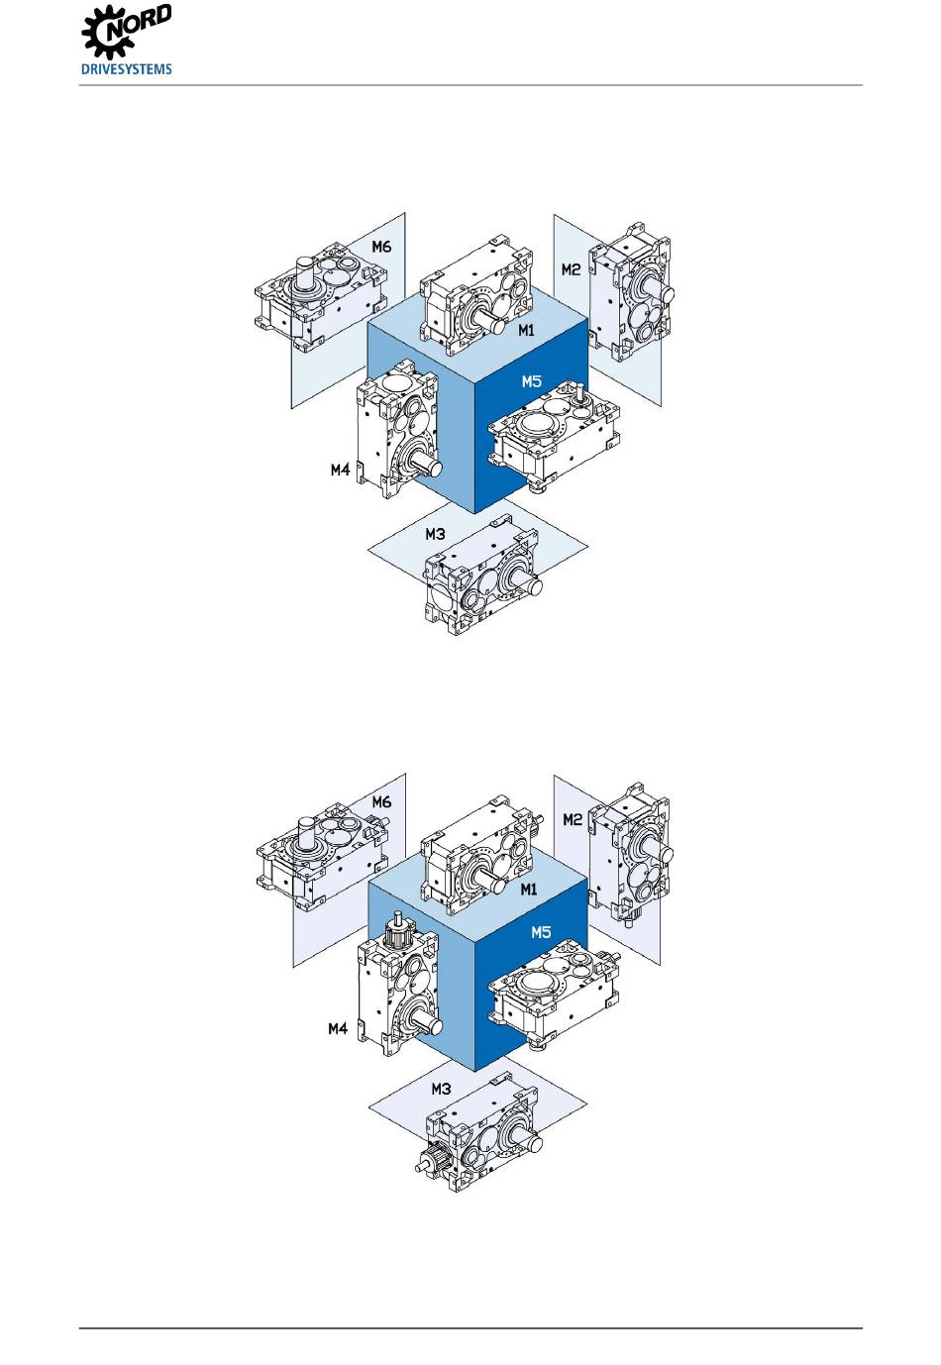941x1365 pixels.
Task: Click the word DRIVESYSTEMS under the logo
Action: pyautogui.click(x=126, y=69)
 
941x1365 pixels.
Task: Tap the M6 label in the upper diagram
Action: pyautogui.click(x=381, y=247)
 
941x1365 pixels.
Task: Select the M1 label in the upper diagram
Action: pyautogui.click(x=526, y=330)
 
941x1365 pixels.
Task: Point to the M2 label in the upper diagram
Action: pyautogui.click(x=571, y=269)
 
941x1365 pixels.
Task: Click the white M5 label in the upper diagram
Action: pyautogui.click(x=531, y=381)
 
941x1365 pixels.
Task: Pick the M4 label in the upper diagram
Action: pyautogui.click(x=340, y=470)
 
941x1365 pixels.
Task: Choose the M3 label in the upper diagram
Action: pyautogui.click(x=435, y=535)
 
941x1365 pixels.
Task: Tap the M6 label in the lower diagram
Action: pyautogui.click(x=381, y=802)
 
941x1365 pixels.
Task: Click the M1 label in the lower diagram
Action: pyautogui.click(x=528, y=890)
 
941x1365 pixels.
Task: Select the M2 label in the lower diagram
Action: pyautogui.click(x=573, y=819)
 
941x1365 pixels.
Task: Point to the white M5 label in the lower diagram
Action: pyautogui.click(x=541, y=932)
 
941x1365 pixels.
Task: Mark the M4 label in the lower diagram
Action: pyautogui.click(x=338, y=1028)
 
